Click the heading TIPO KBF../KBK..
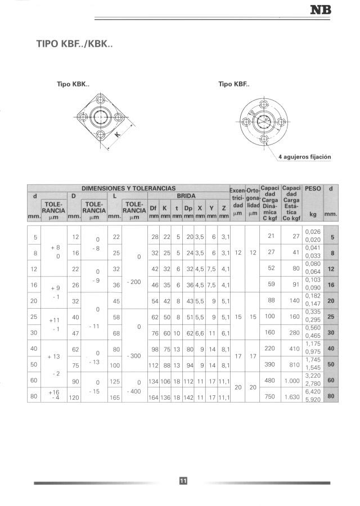click(x=75, y=44)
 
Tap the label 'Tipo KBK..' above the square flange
click(x=73, y=84)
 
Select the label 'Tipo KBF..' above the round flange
click(x=233, y=84)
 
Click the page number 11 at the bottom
click(x=183, y=480)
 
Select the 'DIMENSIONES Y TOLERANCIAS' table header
click(x=128, y=188)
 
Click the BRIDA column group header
click(x=186, y=196)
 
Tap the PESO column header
click(x=312, y=189)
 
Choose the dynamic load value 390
click(x=271, y=364)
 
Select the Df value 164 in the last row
click(x=153, y=397)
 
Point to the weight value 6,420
click(x=312, y=392)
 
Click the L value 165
click(x=116, y=397)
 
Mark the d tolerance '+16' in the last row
click(x=54, y=392)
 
